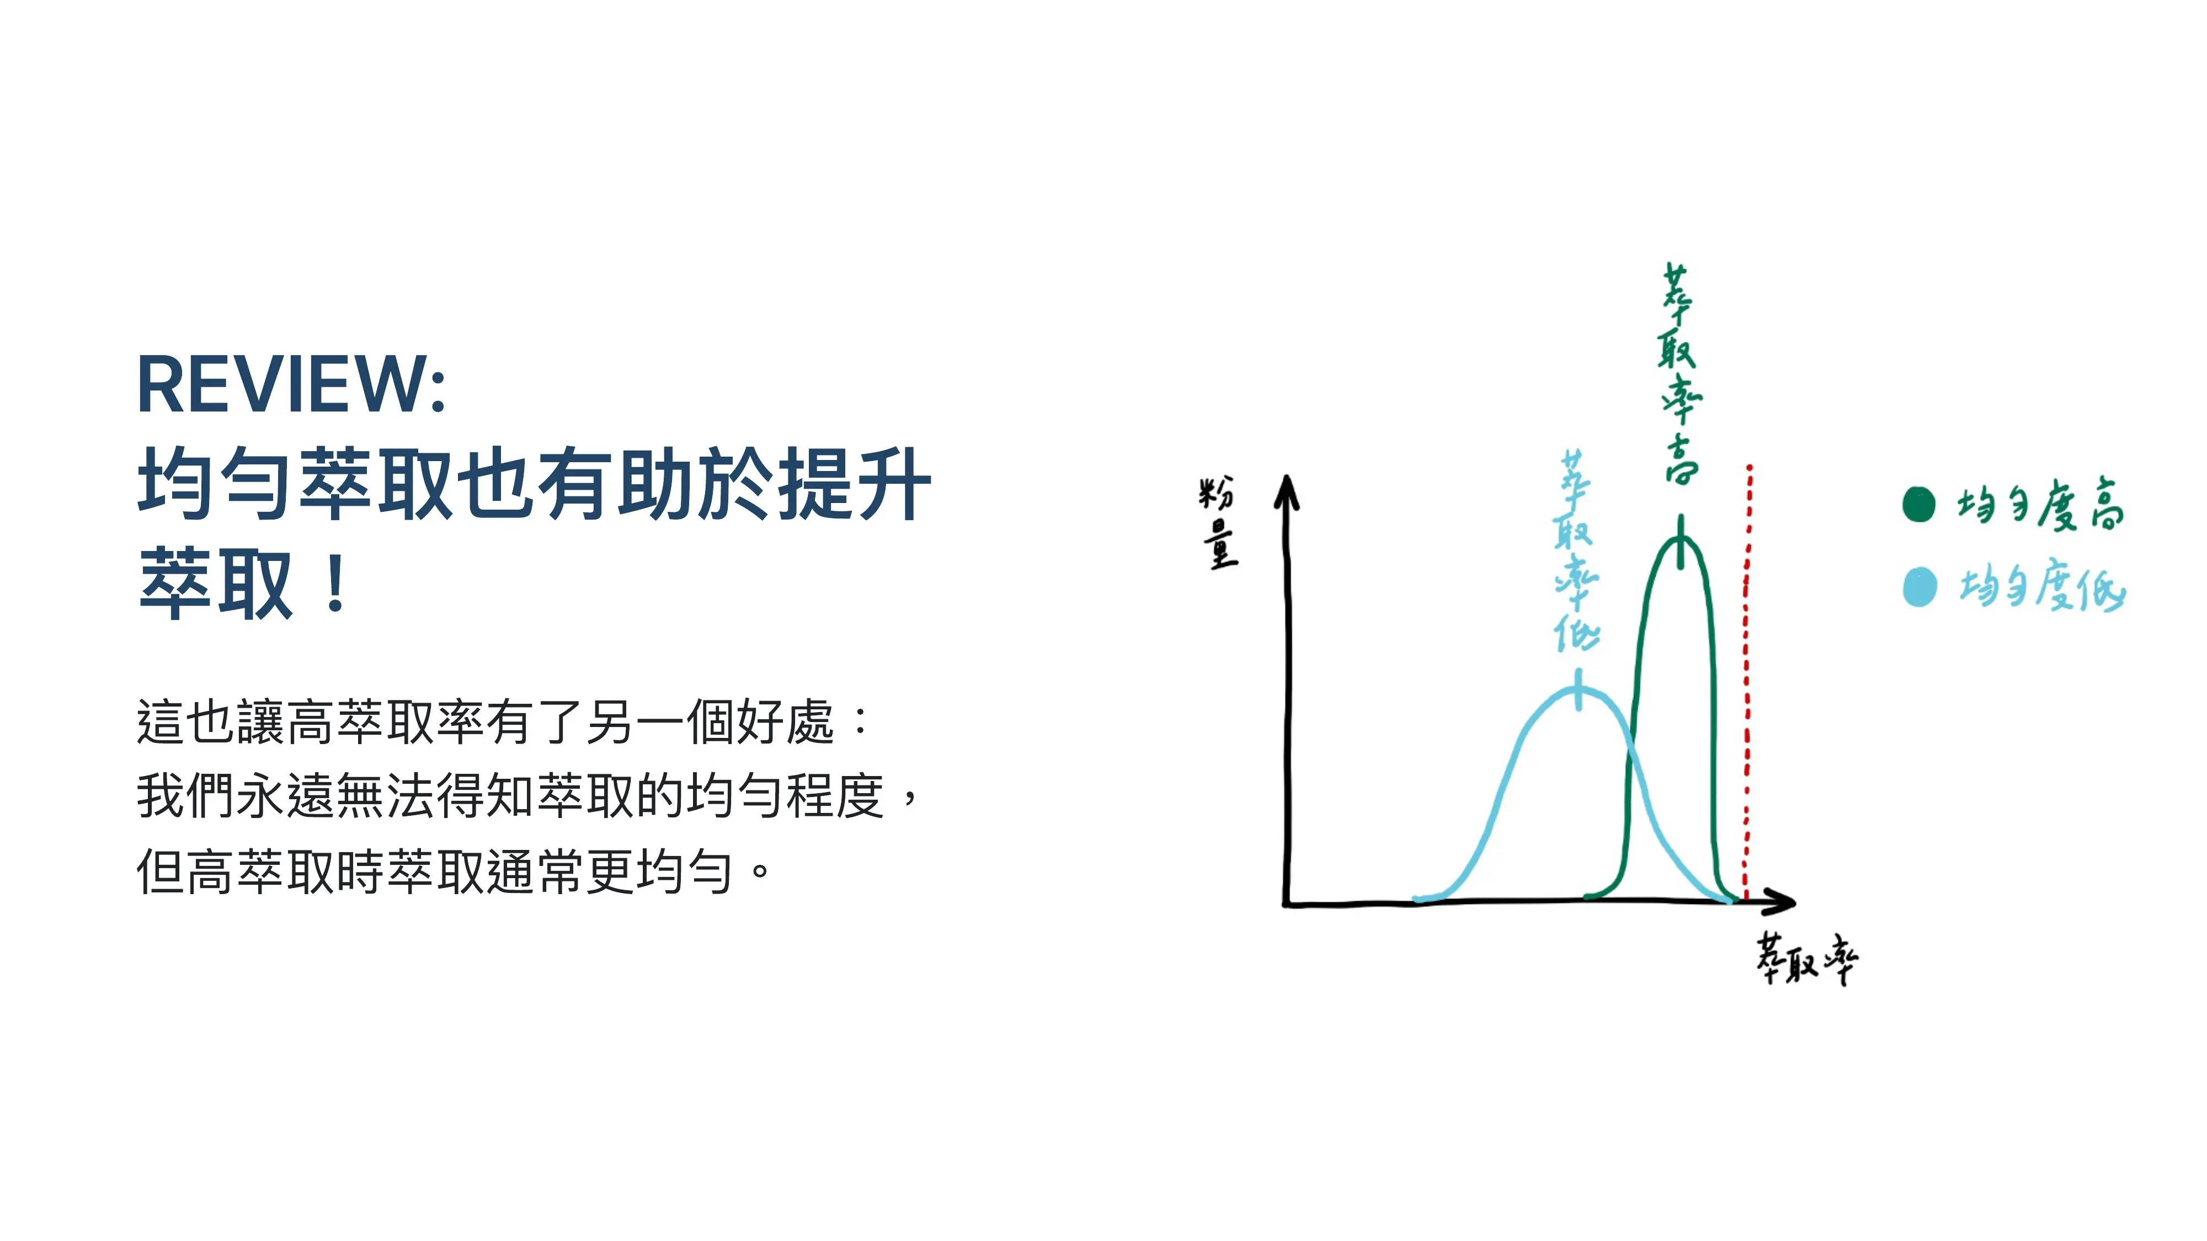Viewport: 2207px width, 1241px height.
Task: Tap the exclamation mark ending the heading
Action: coord(337,583)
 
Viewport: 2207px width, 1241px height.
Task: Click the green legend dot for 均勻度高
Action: coord(1919,504)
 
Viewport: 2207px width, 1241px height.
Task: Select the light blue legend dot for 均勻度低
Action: coord(1919,587)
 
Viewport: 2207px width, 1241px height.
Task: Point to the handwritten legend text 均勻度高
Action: coord(2041,505)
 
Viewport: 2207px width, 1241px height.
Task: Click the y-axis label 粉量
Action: coord(1218,522)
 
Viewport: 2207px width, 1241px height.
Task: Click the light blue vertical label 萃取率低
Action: coord(1576,550)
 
